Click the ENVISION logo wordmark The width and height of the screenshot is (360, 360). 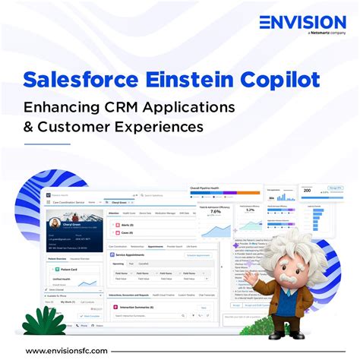(x=302, y=24)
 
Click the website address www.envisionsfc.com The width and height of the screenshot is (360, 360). (x=67, y=350)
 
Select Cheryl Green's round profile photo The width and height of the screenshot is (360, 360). (x=57, y=225)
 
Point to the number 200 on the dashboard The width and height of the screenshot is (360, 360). (x=307, y=190)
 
